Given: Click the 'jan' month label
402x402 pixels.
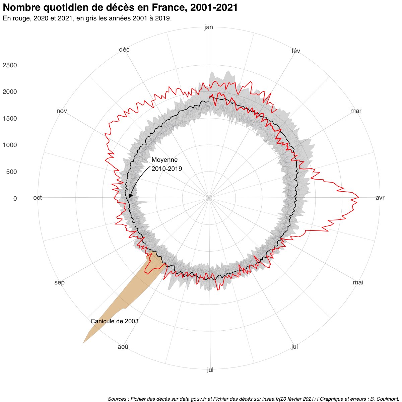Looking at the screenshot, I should (x=209, y=27).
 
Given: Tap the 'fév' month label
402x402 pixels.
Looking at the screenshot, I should (x=296, y=51).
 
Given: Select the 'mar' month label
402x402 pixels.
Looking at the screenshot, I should (x=356, y=111).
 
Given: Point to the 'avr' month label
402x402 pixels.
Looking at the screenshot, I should (x=380, y=198).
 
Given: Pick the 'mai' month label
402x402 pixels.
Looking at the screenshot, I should (x=358, y=282).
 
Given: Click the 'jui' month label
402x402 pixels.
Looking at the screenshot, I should (x=294, y=347).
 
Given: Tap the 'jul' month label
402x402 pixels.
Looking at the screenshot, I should (x=210, y=370).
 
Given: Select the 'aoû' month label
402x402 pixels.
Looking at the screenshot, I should (x=123, y=347).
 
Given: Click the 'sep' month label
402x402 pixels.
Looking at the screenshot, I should (x=60, y=282).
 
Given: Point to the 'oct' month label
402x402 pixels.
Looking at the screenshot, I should (x=38, y=198).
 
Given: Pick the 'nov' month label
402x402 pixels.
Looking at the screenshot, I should (x=62, y=111).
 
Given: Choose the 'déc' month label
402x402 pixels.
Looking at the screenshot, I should (x=124, y=50).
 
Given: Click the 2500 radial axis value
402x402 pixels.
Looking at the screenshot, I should (x=10, y=65).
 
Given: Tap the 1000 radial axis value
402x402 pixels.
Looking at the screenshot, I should (x=10, y=145).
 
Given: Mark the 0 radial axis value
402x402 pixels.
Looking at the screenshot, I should (x=15, y=199).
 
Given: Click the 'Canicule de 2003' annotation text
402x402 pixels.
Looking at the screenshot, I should (x=115, y=321).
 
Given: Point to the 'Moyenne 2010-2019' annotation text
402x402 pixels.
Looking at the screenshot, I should (x=167, y=164).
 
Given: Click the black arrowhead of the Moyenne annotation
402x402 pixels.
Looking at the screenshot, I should (x=130, y=195).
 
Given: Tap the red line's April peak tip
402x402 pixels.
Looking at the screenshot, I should (x=359, y=197).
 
